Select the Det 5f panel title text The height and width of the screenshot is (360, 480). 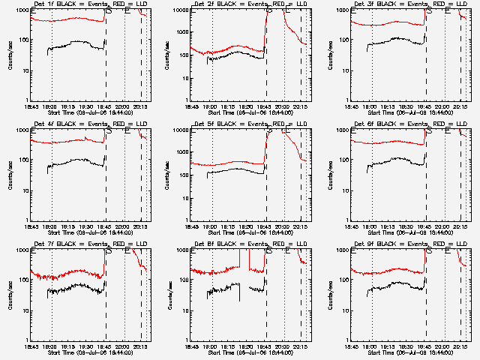click(239, 124)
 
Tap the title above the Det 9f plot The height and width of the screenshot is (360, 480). click(400, 244)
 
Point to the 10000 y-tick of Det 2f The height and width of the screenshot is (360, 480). click(178, 10)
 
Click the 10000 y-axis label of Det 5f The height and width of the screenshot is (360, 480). click(178, 130)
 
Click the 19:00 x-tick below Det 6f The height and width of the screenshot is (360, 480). click(370, 227)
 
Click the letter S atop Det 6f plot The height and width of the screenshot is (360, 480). click(428, 130)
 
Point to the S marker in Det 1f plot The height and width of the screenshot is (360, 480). click(109, 10)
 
